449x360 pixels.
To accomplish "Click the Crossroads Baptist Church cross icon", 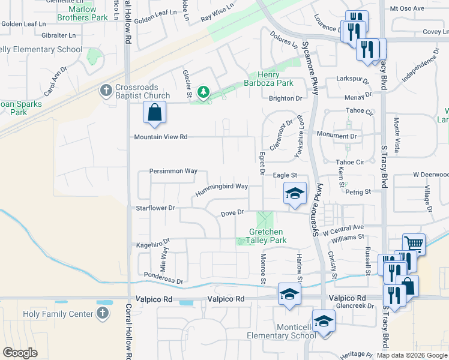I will [106, 91].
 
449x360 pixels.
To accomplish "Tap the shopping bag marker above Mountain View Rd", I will [155, 112].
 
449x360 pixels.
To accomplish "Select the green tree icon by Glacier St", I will [204, 92].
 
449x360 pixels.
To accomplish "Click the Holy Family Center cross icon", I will [103, 313].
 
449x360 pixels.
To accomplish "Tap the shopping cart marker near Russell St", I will [414, 244].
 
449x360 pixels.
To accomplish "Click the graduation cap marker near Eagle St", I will [295, 193].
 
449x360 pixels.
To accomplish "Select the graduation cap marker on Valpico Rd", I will [289, 295].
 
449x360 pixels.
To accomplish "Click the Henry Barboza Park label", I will [268, 79].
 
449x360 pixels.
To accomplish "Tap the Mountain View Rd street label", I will [161, 137].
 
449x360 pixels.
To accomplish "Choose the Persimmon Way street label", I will [173, 171].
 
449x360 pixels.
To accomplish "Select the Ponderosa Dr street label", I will [163, 278].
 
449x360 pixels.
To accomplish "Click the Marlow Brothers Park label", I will [82, 14].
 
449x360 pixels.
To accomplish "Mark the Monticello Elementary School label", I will [277, 331].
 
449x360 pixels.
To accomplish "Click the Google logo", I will [20, 352].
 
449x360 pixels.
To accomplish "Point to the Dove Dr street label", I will [232, 212].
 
